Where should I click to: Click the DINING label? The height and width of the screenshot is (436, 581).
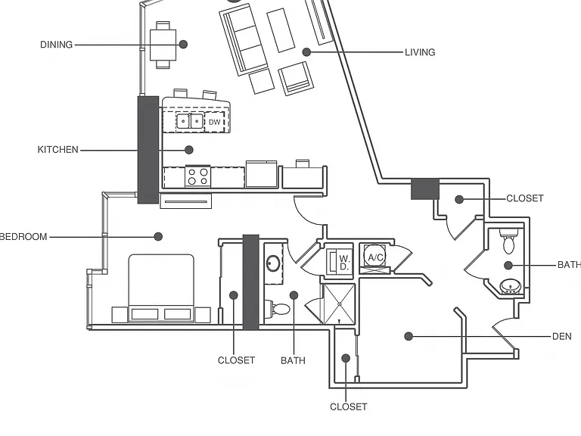[x=56, y=45]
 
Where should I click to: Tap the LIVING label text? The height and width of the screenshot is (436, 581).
[x=420, y=52]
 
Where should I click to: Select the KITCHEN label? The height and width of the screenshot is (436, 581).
[x=57, y=150]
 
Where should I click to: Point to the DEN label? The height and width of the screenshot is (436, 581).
[x=562, y=336]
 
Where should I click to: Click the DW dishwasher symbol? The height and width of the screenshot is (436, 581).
[x=215, y=122]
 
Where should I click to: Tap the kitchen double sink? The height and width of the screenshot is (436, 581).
[x=190, y=121]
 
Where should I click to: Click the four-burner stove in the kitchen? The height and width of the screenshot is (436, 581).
[x=198, y=176]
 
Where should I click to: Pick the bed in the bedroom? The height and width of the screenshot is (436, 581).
[x=161, y=288]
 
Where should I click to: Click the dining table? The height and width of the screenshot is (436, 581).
[x=163, y=45]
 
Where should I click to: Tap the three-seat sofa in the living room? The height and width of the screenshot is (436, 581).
[x=244, y=41]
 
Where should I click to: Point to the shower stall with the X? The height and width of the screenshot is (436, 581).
[x=339, y=304]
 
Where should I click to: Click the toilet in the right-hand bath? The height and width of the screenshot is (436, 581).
[x=508, y=241]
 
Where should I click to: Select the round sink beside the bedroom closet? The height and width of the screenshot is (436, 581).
[x=273, y=263]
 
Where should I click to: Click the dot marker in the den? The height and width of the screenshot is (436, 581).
[x=409, y=336]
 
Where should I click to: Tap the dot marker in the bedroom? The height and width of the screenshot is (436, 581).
[x=158, y=236]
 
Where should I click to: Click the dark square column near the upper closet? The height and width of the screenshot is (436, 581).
[x=425, y=189]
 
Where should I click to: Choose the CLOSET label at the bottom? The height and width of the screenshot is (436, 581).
[x=348, y=406]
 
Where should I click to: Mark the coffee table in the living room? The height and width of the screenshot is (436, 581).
[x=281, y=30]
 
